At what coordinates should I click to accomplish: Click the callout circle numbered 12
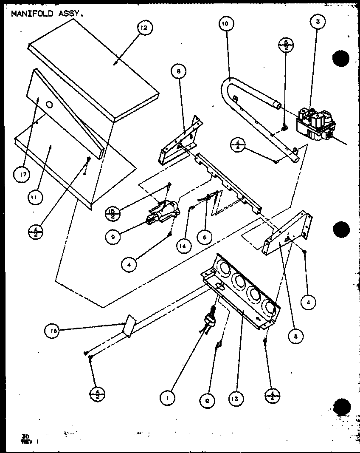[x=144, y=28]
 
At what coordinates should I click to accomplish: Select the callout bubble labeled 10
[x=225, y=24]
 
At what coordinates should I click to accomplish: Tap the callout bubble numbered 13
[x=236, y=398]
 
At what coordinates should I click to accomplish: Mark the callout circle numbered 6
[x=205, y=238]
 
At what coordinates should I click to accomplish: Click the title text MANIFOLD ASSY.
[x=47, y=14]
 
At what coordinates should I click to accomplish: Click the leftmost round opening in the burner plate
[x=222, y=269]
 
